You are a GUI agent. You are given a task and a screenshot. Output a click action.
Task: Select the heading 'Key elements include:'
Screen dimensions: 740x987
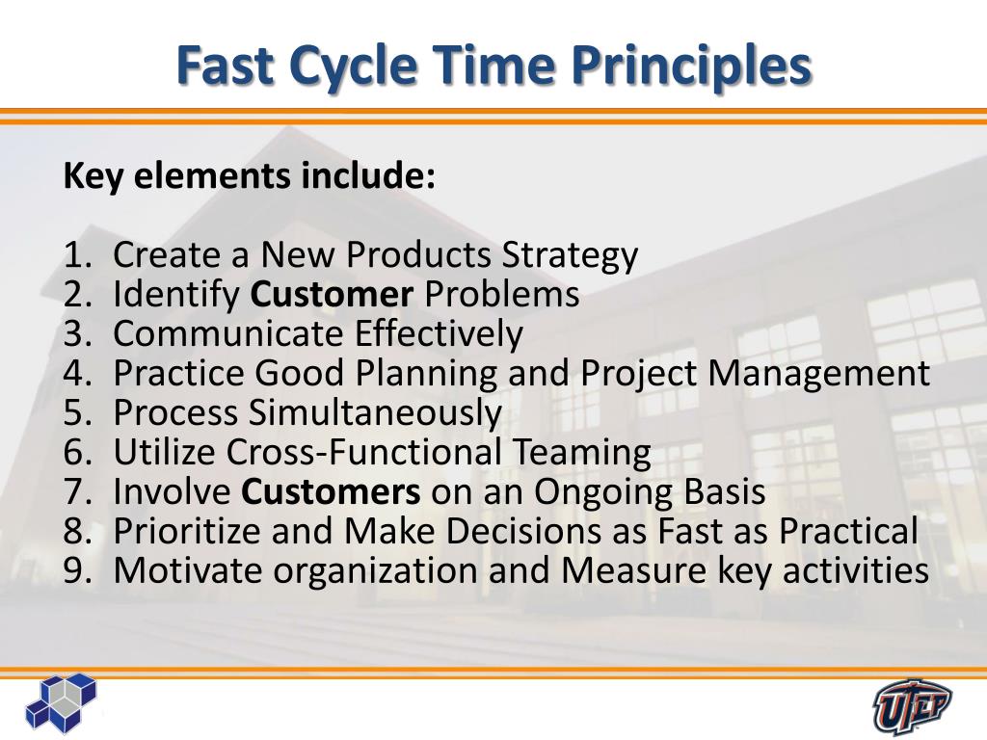tap(250, 176)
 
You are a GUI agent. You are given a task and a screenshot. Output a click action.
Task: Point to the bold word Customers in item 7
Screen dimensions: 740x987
tap(331, 491)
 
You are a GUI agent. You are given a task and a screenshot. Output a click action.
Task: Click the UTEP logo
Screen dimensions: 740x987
tap(912, 706)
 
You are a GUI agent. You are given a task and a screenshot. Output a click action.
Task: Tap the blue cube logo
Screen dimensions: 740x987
tap(61, 702)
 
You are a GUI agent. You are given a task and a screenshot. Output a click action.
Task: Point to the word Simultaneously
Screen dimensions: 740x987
tap(375, 412)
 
